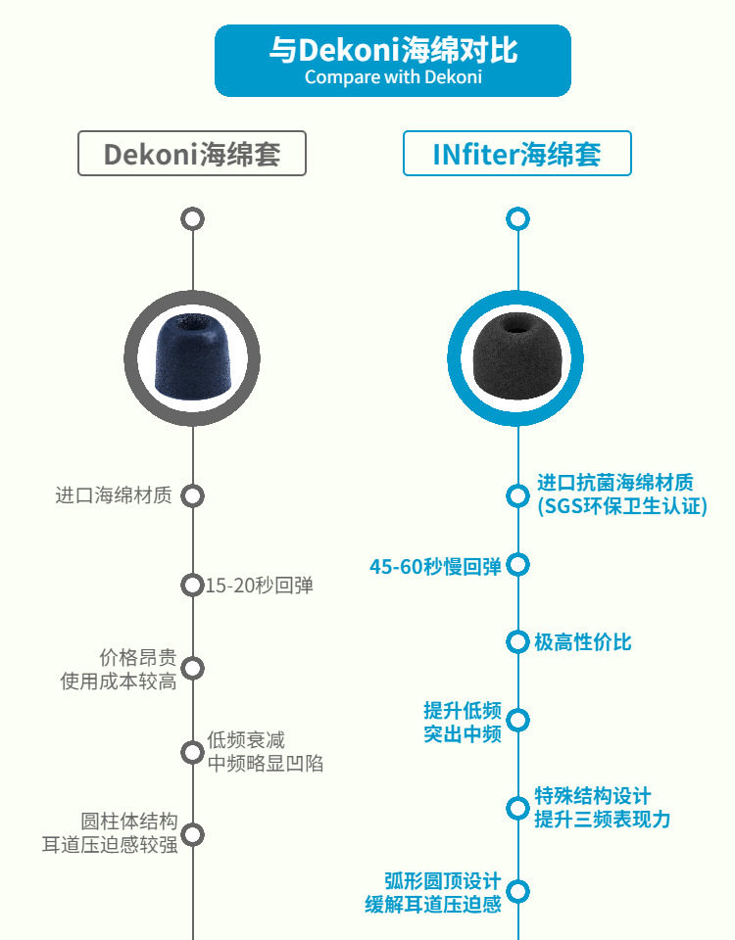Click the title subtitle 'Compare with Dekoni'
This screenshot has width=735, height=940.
[x=393, y=77]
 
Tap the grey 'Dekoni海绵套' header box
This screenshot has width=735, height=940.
[x=192, y=154]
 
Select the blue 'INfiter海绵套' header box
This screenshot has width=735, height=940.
[x=516, y=154]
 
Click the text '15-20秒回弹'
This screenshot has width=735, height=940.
[x=259, y=586]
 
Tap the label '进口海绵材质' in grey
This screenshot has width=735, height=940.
[x=114, y=495]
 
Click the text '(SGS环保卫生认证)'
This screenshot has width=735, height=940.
[x=621, y=506]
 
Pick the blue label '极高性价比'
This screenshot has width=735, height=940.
[x=582, y=642]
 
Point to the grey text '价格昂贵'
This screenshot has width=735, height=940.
[x=138, y=657]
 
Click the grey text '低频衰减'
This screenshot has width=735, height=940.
[x=246, y=740]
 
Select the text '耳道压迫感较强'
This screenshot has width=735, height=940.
[x=110, y=844]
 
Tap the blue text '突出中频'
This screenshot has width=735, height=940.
[x=463, y=732]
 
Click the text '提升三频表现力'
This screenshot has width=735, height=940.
[x=602, y=820]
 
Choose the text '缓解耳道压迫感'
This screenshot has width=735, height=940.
[x=432, y=904]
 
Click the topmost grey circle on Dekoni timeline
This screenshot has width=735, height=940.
[x=192, y=218]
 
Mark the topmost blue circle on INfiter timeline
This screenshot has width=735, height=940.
[x=517, y=218]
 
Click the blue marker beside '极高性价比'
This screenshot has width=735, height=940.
[x=517, y=642]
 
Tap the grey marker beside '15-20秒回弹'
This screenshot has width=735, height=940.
[x=192, y=585]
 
